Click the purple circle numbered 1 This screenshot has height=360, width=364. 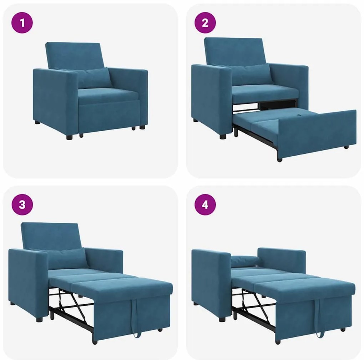[22, 23]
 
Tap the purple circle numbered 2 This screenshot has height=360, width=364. [205, 23]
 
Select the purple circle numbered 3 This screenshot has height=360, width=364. [22, 205]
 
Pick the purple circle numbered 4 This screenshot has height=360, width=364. [205, 205]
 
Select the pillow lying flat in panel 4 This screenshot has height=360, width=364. [246, 261]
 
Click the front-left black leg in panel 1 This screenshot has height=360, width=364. [70, 137]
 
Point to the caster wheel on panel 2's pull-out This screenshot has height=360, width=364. [346, 147]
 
